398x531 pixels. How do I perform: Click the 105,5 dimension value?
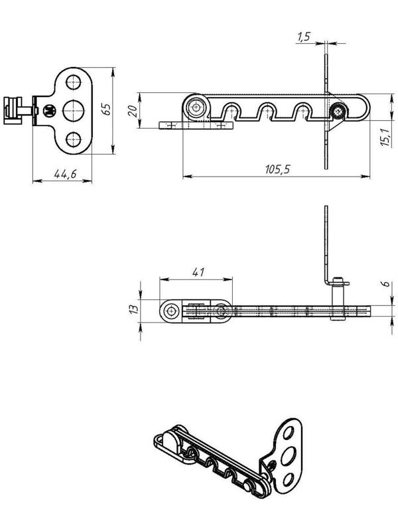[x=277, y=169]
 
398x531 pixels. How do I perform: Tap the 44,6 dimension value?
[x=65, y=173]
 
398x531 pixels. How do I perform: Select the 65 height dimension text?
[x=106, y=110]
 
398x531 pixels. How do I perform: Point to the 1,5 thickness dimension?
[x=304, y=37]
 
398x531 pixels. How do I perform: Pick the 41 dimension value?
[x=198, y=272]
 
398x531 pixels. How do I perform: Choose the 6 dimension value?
[x=387, y=284]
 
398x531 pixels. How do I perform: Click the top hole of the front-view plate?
[x=74, y=82]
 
